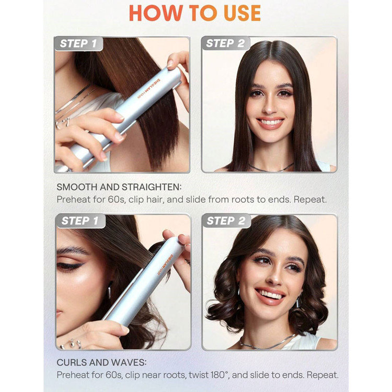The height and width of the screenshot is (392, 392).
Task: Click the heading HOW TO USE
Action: pos(195,13)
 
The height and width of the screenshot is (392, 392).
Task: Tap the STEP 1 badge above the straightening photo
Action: pos(78,43)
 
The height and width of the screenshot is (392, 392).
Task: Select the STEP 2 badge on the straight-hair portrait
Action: pos(225,43)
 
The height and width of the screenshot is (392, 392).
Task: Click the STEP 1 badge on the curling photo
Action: pos(80,221)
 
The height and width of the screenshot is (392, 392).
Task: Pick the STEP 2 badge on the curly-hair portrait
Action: pos(226,221)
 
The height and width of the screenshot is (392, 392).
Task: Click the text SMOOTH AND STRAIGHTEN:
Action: pos(119,187)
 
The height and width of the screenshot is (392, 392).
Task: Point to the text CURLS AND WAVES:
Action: pos(102,362)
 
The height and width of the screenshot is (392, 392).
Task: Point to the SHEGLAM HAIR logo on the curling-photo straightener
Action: pos(165,264)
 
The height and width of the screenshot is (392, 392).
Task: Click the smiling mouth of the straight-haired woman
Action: pos(270,123)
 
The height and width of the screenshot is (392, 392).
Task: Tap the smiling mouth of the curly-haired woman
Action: pos(270,296)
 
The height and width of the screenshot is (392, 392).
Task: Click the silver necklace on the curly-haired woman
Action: pos(267,342)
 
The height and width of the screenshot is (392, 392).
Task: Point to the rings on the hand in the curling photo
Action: pos(72,344)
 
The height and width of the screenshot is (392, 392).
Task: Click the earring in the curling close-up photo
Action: pos(110,290)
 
